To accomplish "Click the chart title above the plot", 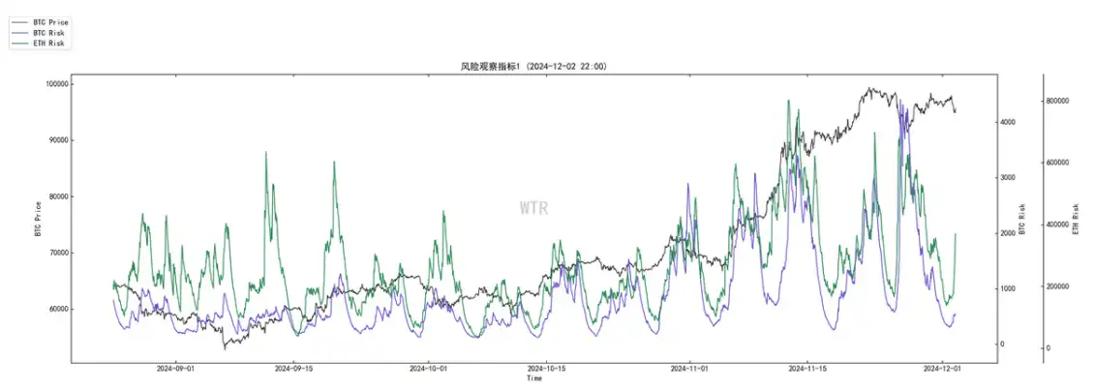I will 533,67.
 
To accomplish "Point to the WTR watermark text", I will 533,208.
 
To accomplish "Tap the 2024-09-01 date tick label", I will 176,369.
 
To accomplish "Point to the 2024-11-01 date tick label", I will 692,369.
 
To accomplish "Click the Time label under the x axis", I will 533,378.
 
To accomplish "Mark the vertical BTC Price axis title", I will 38,219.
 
